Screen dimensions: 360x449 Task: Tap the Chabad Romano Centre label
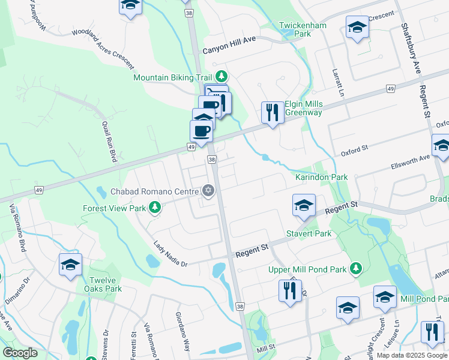154,192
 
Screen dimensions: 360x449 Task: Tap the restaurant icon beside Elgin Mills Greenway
273,112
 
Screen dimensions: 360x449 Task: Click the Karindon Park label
321,178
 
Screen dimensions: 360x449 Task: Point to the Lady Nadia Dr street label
170,254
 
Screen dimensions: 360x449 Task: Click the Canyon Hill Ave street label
229,52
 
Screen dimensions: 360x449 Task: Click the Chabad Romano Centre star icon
208,191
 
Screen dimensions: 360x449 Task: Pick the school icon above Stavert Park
304,205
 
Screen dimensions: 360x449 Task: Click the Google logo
20,353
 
